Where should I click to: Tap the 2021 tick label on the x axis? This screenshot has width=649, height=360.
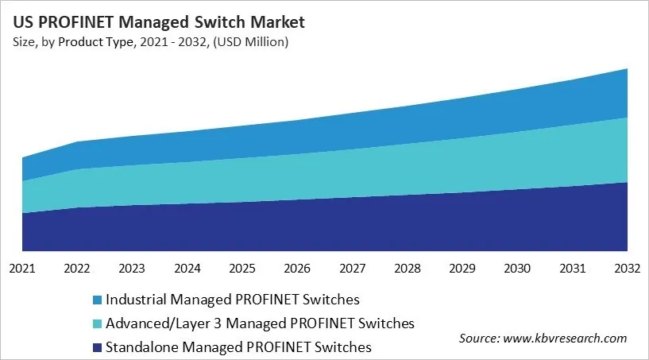tap(22, 269)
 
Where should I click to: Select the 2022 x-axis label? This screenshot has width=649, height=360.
tap(77, 269)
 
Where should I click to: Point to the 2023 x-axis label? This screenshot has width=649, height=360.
tap(132, 269)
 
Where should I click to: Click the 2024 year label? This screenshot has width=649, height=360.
tap(187, 269)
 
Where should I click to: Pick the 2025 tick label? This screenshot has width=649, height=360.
tap(242, 269)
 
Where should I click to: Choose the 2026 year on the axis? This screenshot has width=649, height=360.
tap(297, 269)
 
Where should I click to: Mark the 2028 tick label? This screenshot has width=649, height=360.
tap(408, 269)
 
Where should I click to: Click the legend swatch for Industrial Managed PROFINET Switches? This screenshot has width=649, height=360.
tap(96, 300)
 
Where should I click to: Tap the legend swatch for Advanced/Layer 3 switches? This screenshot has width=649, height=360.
tap(96, 324)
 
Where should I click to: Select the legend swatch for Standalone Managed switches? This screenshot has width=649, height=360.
tap(96, 347)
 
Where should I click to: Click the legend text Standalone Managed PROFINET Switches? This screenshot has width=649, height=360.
tap(238, 347)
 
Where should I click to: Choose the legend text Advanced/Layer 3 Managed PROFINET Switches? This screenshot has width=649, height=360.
tap(260, 323)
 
